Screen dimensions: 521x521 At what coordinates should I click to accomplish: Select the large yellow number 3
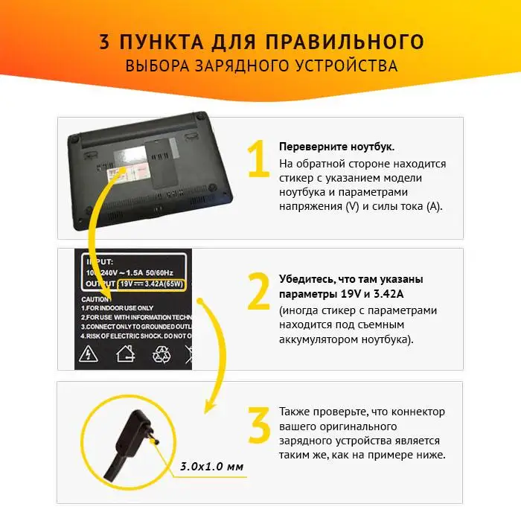(258, 425)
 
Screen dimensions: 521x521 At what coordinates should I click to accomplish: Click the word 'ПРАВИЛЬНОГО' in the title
(342, 41)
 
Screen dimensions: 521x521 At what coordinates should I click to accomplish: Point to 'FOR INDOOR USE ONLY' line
(119, 307)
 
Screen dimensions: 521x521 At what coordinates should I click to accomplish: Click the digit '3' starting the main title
(105, 41)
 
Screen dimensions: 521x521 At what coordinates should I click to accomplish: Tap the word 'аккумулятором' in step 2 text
(318, 339)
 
